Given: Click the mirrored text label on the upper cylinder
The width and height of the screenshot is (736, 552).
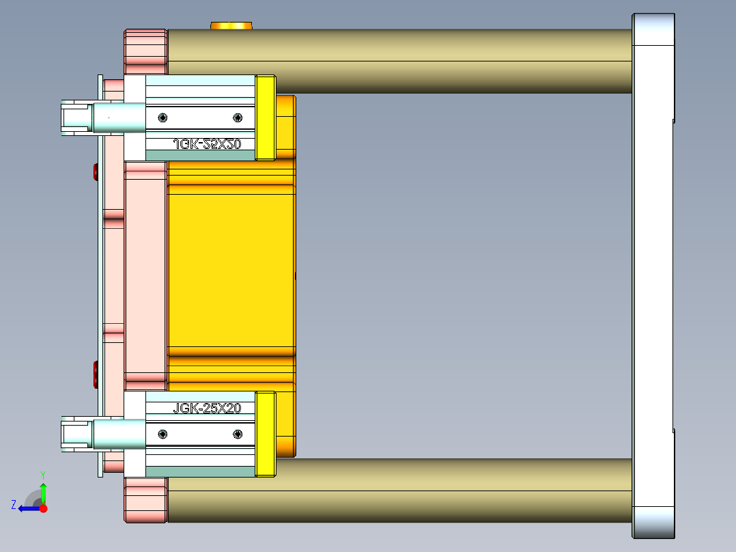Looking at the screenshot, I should point(208,144).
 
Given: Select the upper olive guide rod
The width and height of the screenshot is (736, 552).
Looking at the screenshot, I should point(399,61).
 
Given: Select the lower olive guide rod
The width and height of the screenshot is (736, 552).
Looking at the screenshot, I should point(399,491).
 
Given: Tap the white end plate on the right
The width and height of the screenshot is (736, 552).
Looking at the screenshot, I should point(653,276).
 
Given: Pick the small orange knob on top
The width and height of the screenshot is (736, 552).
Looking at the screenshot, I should point(231,26).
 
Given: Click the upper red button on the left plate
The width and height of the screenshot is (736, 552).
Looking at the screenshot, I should point(95,172).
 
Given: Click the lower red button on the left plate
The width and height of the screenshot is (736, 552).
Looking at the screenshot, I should point(95,374).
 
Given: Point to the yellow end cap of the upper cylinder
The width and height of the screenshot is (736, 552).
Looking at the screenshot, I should point(265,118).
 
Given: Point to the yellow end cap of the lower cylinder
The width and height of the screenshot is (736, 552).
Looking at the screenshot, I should point(265,434).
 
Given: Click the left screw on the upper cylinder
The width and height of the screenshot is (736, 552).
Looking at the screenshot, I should point(162,118).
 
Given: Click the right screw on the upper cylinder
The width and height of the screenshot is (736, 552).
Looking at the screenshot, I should point(237,118).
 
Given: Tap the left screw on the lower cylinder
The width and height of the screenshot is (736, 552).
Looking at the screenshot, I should point(162,434).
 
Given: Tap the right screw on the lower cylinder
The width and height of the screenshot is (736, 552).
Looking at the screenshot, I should point(238,434).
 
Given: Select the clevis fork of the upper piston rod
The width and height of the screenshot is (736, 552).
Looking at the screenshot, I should point(74,118).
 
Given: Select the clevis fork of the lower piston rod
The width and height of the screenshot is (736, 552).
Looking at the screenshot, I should point(74,434).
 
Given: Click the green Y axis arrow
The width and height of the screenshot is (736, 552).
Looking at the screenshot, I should point(43,491).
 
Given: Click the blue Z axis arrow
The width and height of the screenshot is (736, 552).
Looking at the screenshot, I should point(27,508).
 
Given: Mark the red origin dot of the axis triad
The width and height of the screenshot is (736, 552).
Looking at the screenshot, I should point(43,508).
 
